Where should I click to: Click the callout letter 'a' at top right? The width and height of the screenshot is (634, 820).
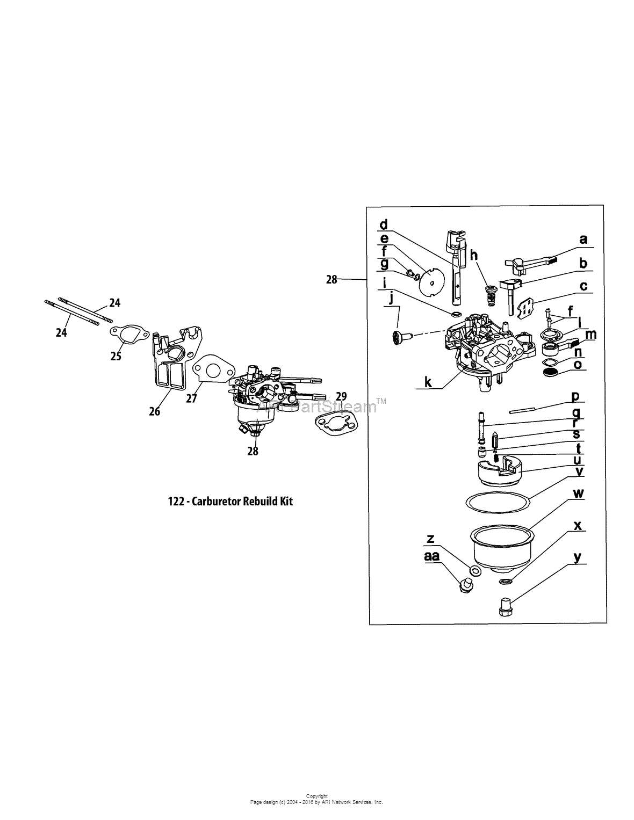pyautogui.click(x=582, y=240)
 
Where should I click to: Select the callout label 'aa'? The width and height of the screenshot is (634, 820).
pyautogui.click(x=431, y=556)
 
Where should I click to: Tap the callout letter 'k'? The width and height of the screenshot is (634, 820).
pyautogui.click(x=428, y=382)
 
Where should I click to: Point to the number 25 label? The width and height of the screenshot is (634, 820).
pyautogui.click(x=116, y=356)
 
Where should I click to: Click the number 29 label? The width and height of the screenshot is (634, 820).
pyautogui.click(x=341, y=396)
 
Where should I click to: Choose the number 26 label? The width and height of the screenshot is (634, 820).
pyautogui.click(x=155, y=411)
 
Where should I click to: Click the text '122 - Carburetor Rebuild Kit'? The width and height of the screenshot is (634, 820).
pyautogui.click(x=230, y=502)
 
